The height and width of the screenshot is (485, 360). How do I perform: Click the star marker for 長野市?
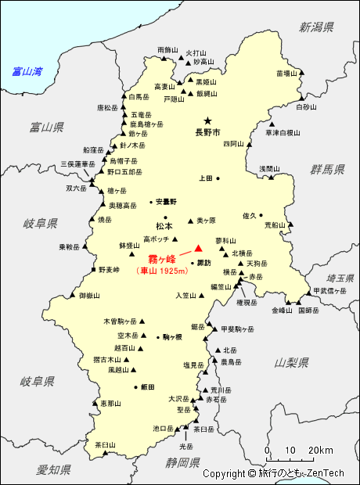point(207,121)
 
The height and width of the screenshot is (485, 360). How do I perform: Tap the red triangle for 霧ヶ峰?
point(187,249)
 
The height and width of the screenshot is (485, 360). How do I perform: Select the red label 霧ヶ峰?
point(163,259)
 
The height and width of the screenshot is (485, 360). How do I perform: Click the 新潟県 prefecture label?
point(316,27)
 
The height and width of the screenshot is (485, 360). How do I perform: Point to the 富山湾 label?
point(27,71)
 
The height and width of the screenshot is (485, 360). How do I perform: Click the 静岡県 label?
point(184,462)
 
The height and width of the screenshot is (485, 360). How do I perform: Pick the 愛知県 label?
point(53,469)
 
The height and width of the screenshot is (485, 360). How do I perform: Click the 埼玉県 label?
point(341,278)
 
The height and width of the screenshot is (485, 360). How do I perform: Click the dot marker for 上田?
point(218,178)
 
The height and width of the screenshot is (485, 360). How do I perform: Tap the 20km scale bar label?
point(321,451)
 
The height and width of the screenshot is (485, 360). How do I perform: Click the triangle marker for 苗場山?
point(302,74)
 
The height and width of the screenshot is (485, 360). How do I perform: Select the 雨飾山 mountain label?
point(168,49)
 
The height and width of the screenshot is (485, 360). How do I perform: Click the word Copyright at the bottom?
point(224,473)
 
